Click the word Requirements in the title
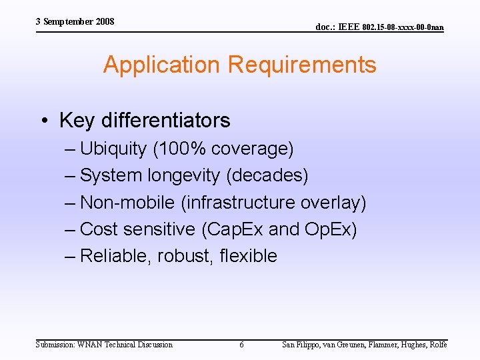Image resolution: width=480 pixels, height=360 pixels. (301, 65)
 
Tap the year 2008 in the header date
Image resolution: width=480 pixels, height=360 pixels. (105, 22)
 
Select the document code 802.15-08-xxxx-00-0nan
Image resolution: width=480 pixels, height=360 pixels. (403, 27)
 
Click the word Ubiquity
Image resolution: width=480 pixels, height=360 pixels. (113, 149)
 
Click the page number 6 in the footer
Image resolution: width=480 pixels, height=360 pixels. (241, 345)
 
